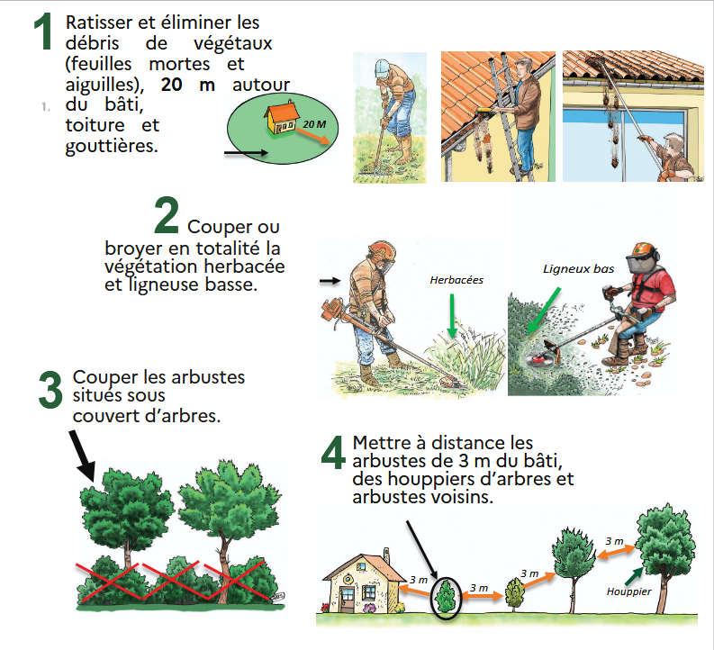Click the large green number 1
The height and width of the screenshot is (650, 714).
point(44,31)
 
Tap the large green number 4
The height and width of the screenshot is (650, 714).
point(333,452)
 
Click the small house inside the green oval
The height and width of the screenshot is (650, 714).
point(281,117)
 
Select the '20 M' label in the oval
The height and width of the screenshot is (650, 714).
point(314,124)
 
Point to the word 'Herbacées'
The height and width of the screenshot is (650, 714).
point(456,280)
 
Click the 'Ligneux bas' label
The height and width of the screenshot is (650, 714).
point(578,269)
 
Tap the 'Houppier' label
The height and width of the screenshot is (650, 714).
point(628,591)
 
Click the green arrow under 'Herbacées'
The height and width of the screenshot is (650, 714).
point(452,315)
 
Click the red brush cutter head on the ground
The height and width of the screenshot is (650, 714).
point(538,358)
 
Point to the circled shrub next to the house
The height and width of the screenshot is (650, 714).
point(446,598)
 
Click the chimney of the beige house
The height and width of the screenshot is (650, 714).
point(386,555)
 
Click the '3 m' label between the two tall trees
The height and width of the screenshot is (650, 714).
point(614,541)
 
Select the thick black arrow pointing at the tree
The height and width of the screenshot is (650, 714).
point(82,456)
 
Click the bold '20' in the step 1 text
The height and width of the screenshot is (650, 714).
point(171,85)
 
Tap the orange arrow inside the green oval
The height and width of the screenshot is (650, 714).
point(313,136)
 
